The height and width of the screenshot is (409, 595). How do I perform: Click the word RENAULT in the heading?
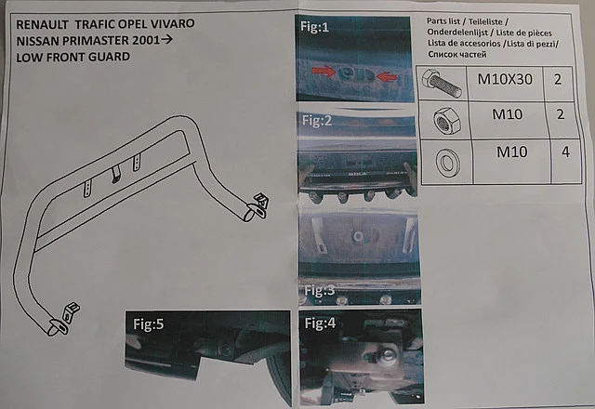(x=42, y=25)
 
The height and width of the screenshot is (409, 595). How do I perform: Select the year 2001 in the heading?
(x=146, y=40)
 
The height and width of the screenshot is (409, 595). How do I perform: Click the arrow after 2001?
(x=167, y=39)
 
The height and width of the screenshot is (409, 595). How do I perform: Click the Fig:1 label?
(x=314, y=27)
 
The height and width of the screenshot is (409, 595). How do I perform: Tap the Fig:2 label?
(x=317, y=121)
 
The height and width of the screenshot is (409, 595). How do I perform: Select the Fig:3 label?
(x=320, y=290)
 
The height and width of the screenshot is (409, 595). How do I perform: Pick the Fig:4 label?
(x=320, y=323)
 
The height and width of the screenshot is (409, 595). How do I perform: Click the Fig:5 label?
(x=149, y=324)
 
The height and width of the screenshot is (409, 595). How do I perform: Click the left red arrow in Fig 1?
(x=324, y=71)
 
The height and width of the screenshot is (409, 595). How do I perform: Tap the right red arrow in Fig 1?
(x=387, y=77)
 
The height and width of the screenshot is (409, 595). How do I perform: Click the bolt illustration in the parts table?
(x=441, y=83)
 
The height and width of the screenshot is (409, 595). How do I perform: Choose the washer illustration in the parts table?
(x=448, y=163)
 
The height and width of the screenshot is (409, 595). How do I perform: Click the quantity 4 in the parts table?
(x=565, y=152)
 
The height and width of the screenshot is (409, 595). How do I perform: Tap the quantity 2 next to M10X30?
(x=558, y=80)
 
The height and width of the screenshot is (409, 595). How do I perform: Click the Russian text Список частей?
(x=457, y=54)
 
